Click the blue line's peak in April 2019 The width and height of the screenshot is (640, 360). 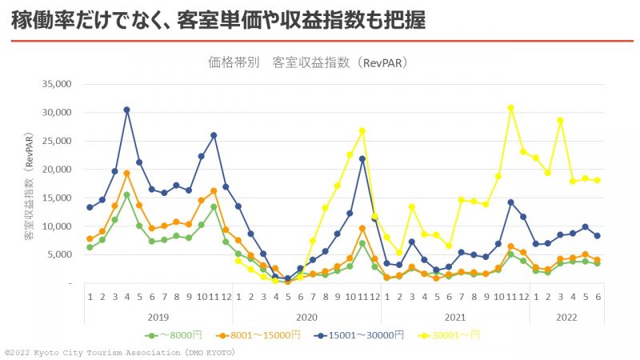click(x=126, y=110)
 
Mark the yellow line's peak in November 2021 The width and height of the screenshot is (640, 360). click(x=510, y=108)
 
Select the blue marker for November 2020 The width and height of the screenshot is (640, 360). click(x=362, y=158)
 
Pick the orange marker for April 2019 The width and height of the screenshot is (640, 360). click(x=126, y=173)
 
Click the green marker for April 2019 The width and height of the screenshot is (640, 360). click(x=126, y=194)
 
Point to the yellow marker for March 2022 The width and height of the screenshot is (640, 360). click(x=560, y=120)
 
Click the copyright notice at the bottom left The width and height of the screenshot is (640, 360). click(x=120, y=352)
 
